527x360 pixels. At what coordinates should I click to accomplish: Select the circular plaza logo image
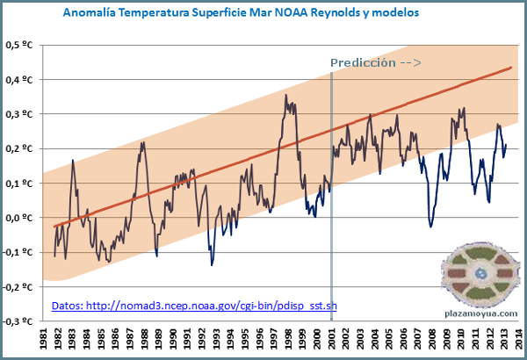[480, 274]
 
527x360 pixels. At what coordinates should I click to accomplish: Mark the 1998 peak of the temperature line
[286, 96]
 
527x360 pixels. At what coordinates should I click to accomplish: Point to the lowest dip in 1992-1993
[212, 263]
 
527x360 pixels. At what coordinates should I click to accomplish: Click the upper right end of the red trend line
[511, 67]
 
